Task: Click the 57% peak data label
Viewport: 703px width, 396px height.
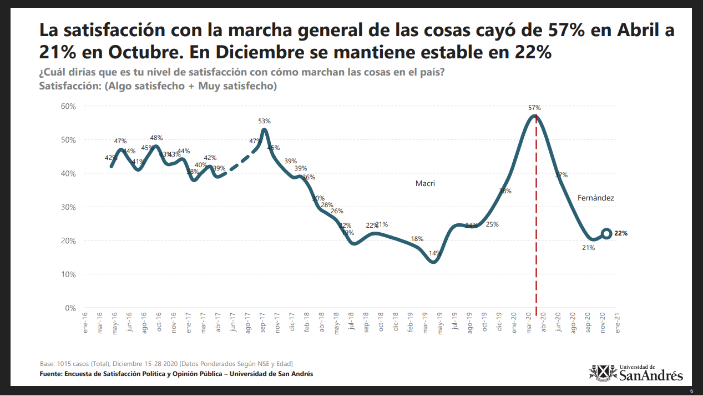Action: click(535, 108)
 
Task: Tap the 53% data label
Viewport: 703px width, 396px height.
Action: click(264, 121)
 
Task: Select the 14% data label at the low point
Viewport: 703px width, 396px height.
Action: click(434, 254)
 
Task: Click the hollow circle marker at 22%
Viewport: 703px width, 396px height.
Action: click(606, 234)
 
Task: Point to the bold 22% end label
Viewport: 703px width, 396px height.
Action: click(621, 234)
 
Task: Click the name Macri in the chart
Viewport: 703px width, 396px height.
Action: click(425, 183)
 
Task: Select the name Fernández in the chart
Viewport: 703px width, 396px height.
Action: click(596, 198)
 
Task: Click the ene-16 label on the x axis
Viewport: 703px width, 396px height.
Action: click(85, 323)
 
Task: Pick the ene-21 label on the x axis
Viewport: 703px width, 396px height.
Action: click(618, 323)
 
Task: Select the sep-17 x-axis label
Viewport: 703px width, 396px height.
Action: click(262, 323)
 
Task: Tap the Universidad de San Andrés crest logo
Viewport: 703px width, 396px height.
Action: click(602, 373)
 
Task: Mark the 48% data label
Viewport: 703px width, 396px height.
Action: click(156, 138)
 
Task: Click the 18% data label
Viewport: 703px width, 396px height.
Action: click(417, 239)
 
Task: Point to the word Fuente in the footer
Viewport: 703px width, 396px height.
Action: click(51, 374)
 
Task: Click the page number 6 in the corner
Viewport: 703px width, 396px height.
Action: click(691, 391)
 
